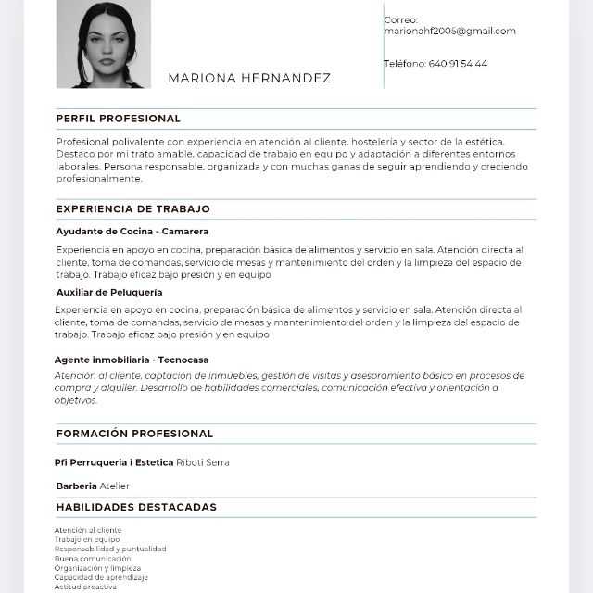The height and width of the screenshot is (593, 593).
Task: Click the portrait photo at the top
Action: pyautogui.click(x=103, y=44)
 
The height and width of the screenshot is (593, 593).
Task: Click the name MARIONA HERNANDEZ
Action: pyautogui.click(x=249, y=79)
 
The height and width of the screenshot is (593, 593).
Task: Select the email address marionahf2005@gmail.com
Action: pyautogui.click(x=449, y=31)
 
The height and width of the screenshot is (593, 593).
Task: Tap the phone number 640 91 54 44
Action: pyautogui.click(x=458, y=64)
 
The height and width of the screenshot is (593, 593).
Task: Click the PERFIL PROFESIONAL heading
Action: pyautogui.click(x=119, y=119)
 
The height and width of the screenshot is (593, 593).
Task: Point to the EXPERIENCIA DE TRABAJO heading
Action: pyautogui.click(x=133, y=209)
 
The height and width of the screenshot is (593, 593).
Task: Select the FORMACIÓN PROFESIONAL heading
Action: pyautogui.click(x=134, y=434)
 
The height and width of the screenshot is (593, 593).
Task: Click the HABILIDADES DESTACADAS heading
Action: pyautogui.click(x=136, y=507)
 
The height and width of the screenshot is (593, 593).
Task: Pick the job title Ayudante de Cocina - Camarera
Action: pyautogui.click(x=132, y=231)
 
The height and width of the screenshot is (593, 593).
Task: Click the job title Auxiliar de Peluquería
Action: pyautogui.click(x=109, y=292)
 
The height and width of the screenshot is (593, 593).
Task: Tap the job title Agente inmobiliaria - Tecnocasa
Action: pyautogui.click(x=132, y=360)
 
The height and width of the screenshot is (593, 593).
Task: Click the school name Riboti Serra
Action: pyautogui.click(x=203, y=462)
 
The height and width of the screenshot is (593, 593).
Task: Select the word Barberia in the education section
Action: pyautogui.click(x=76, y=486)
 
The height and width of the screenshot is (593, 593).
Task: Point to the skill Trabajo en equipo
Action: pyautogui.click(x=87, y=539)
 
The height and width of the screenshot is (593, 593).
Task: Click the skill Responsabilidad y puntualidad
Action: pyautogui.click(x=110, y=549)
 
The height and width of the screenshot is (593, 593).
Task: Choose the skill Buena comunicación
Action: pyautogui.click(x=93, y=559)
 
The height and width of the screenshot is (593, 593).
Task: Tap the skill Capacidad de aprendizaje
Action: pyautogui.click(x=101, y=577)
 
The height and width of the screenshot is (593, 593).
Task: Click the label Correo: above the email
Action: pyautogui.click(x=401, y=19)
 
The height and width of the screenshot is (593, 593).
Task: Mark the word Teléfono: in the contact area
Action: pyautogui.click(x=405, y=64)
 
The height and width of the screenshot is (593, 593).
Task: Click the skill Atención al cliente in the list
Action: pyautogui.click(x=88, y=530)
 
